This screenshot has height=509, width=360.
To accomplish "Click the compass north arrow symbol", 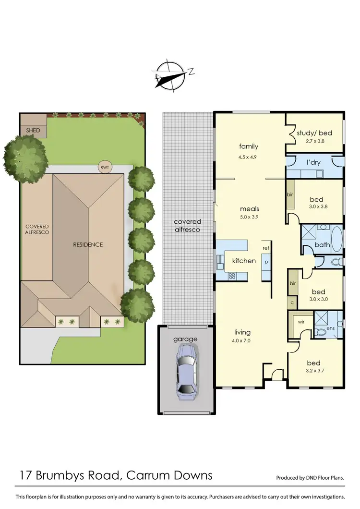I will click(170, 76).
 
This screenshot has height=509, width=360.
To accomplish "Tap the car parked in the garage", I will click(185, 369).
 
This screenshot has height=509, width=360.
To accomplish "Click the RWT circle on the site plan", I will click(104, 167).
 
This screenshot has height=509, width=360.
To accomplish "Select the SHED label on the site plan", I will click(33, 131).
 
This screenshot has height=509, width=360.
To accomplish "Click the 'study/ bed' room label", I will click(314, 133).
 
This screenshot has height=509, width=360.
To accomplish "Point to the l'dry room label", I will click(313, 162).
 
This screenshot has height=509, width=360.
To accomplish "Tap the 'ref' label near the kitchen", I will click(265, 248).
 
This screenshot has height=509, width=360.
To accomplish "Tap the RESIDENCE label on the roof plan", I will click(88, 244).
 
